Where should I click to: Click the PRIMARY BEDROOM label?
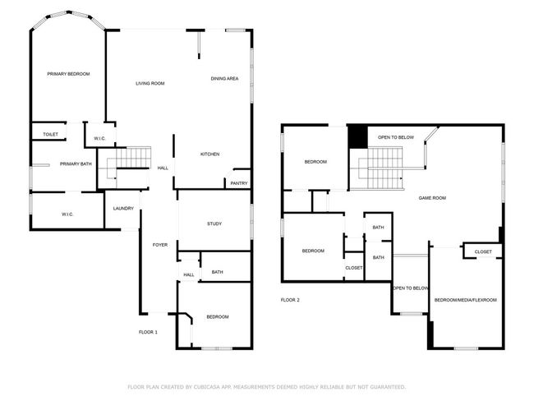(x=68, y=74)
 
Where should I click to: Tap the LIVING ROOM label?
(x=150, y=84)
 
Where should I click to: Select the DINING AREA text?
(x=224, y=79)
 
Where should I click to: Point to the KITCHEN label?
(x=209, y=154)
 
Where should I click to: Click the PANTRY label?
(x=239, y=183)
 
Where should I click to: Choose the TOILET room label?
(x=50, y=135)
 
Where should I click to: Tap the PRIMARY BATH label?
(x=76, y=164)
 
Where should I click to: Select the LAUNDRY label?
(x=123, y=209)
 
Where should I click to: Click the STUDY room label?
(x=214, y=224)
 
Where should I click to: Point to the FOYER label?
(x=160, y=245)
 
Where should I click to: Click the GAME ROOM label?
(x=432, y=198)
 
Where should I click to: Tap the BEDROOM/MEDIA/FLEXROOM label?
(x=466, y=300)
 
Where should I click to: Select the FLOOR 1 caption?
(x=148, y=332)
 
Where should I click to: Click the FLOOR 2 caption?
(x=290, y=300)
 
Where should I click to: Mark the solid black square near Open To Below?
(x=357, y=136)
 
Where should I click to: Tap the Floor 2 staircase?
(x=380, y=168)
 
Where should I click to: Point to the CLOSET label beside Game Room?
(x=483, y=251)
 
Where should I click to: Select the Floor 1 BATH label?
(x=217, y=272)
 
